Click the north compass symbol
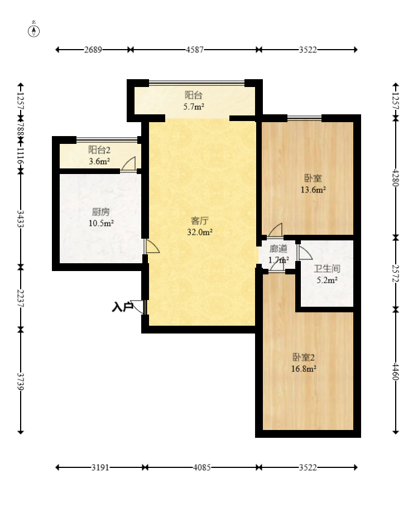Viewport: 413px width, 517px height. [x=33, y=30]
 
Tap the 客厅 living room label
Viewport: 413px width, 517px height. [x=200, y=221]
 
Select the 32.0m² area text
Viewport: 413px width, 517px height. [x=200, y=232]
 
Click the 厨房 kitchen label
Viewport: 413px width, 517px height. [x=100, y=212]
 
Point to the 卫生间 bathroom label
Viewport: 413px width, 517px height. [x=327, y=269]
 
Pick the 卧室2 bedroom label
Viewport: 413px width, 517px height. [x=304, y=357]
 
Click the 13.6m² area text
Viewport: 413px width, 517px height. [x=313, y=190]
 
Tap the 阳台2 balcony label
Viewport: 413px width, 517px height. [x=99, y=150]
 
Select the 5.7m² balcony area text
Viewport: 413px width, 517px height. [x=194, y=107]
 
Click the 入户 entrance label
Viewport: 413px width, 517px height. [x=122, y=307]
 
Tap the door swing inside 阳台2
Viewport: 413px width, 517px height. [x=129, y=164]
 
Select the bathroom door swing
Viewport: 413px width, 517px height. [x=304, y=252]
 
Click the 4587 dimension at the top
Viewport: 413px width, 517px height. [x=195, y=50]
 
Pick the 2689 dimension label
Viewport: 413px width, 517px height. [x=93, y=50]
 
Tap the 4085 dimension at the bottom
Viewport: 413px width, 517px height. [x=202, y=467]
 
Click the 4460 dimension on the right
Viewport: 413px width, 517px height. [x=396, y=371]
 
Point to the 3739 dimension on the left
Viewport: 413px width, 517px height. [x=21, y=381]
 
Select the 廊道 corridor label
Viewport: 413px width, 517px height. [x=278, y=248]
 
